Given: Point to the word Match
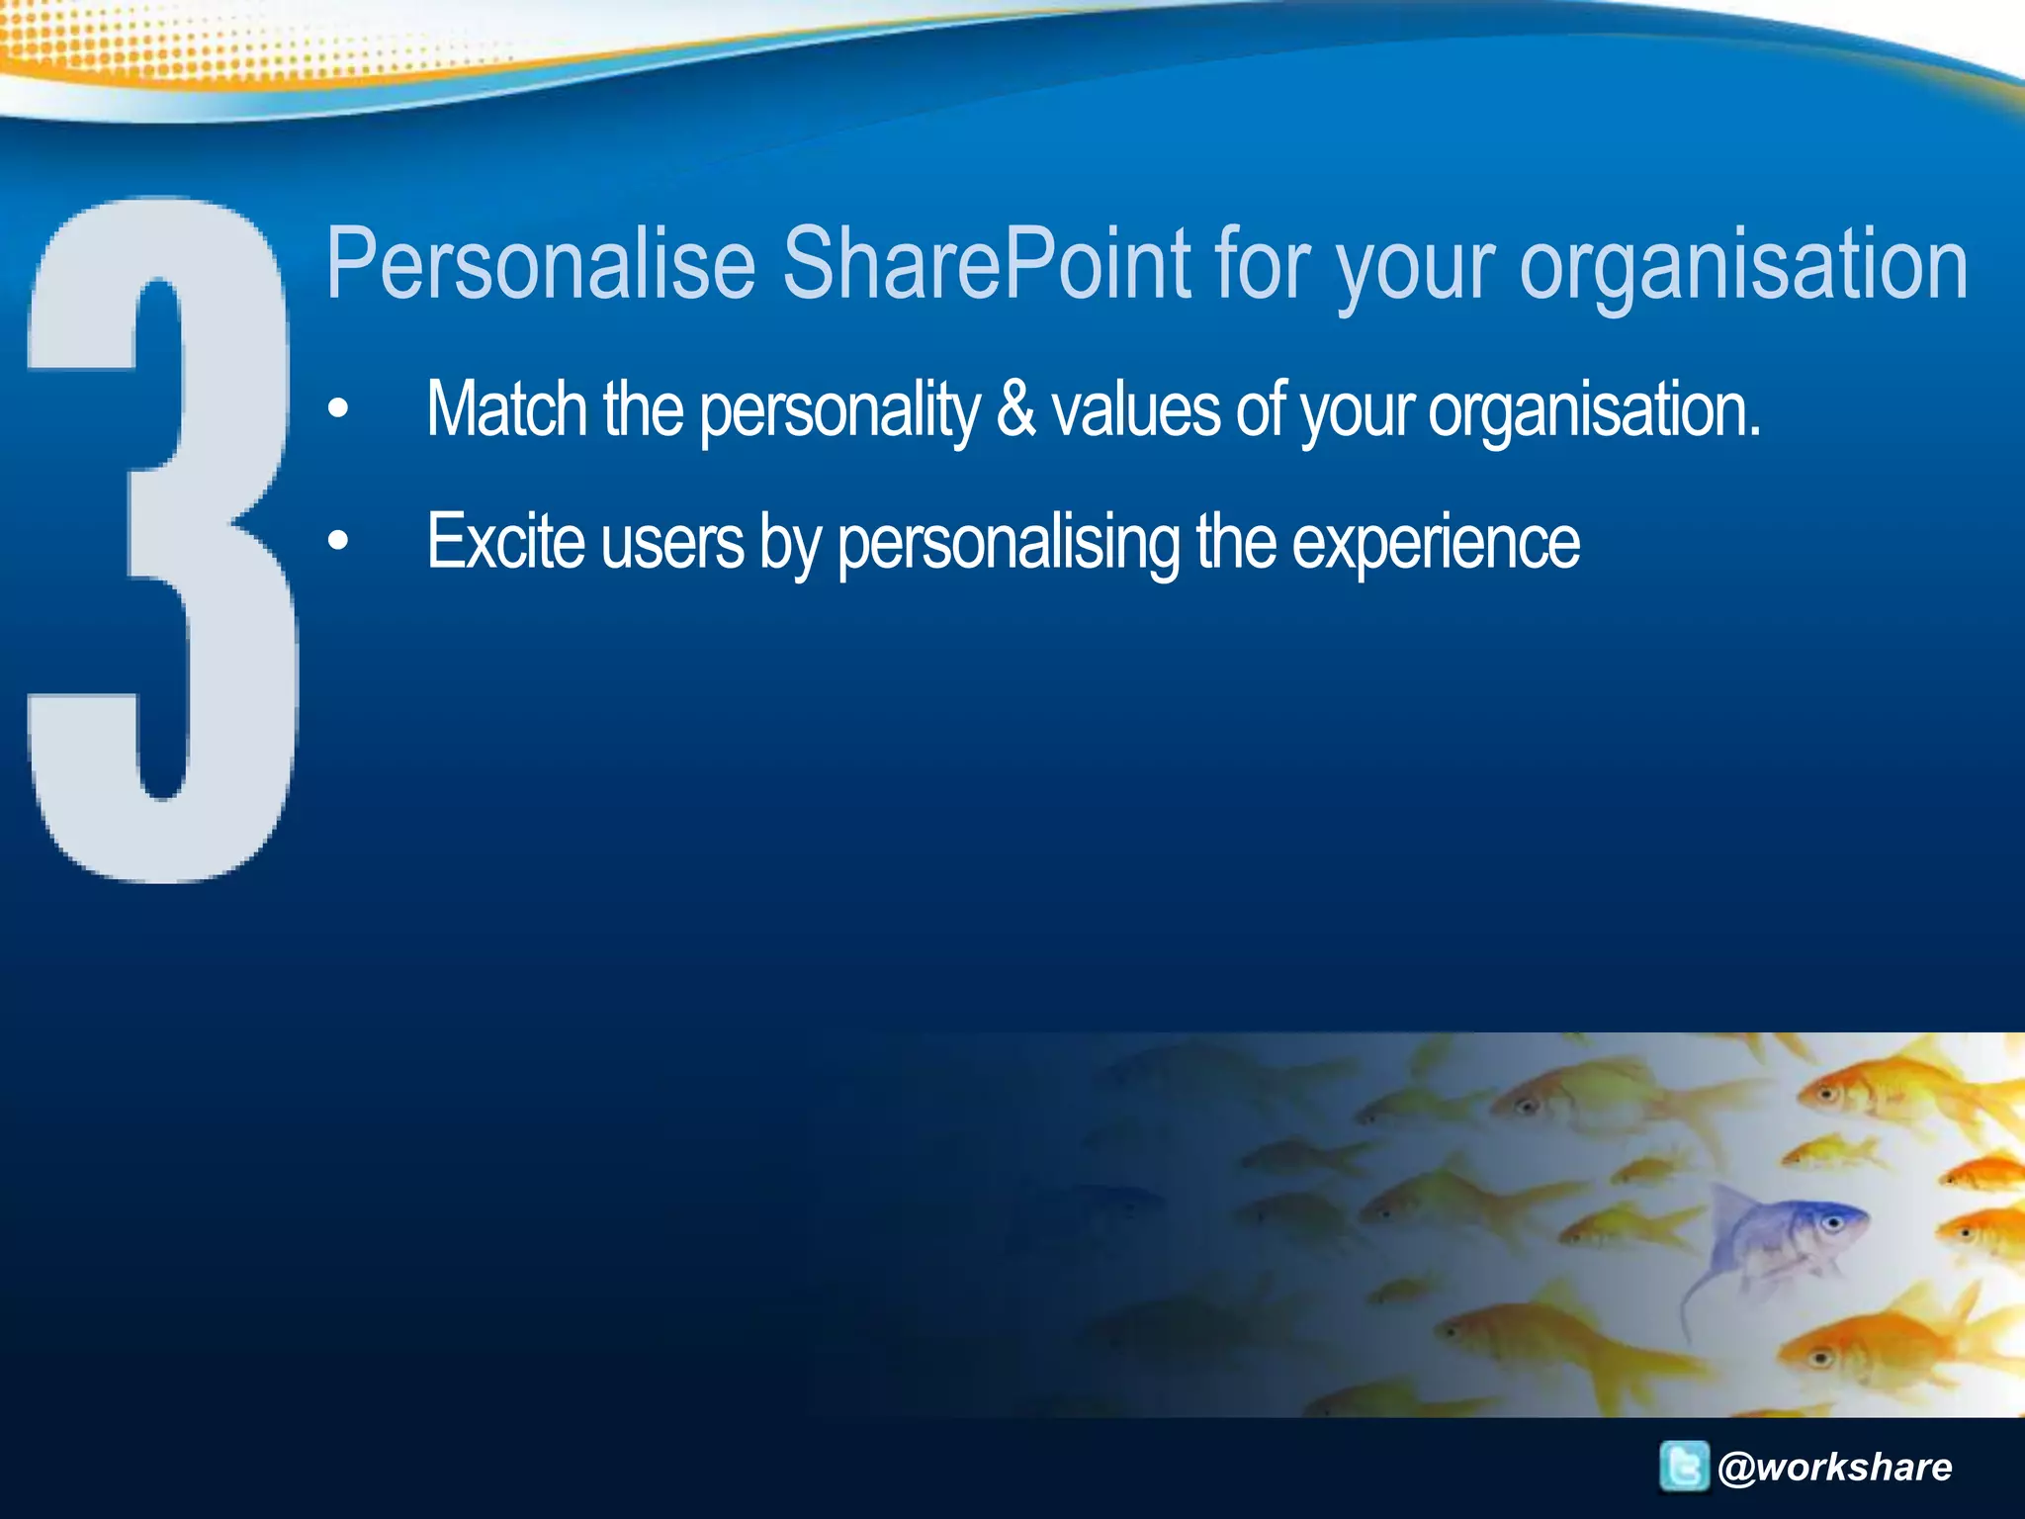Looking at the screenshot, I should coord(507,409).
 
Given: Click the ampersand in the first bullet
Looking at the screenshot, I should coord(1015,409).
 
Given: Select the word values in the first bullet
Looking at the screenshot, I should coord(1136,409).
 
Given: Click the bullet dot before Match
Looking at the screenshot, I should coord(339,408).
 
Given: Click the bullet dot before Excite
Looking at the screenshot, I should coord(339,541).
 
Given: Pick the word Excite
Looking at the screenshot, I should coord(505,542).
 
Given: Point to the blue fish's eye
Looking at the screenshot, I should coord(1831,1223).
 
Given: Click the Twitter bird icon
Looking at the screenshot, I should coord(1683,1466).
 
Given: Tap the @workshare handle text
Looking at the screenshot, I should coord(1835,1467).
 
